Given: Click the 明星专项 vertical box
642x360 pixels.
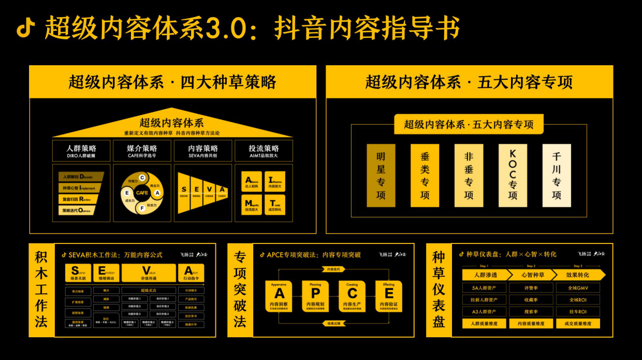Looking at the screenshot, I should [x=381, y=176].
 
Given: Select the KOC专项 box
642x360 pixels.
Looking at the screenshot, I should [x=513, y=176].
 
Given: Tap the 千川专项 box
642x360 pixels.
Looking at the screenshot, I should [x=557, y=176].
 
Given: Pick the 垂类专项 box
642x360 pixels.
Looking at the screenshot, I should [x=425, y=176].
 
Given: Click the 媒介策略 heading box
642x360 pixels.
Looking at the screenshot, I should [x=142, y=150].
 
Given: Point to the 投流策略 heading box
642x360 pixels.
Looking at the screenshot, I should [x=264, y=150].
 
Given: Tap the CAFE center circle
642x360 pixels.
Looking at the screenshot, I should [x=142, y=193].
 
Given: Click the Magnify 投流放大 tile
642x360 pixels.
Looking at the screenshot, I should [x=252, y=204].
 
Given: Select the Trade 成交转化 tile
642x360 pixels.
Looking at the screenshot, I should [x=275, y=204].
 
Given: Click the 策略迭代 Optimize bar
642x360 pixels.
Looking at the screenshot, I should [x=78, y=210].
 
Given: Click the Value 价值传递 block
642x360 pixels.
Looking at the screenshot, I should [x=148, y=273].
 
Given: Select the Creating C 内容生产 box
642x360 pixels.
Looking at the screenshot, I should [x=352, y=296].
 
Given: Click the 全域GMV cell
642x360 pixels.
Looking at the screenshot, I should [x=578, y=287].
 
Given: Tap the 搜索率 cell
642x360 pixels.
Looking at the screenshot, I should [x=531, y=312].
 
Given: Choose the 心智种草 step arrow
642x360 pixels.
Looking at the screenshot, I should [x=531, y=275].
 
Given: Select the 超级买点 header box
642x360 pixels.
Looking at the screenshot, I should [x=148, y=291].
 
